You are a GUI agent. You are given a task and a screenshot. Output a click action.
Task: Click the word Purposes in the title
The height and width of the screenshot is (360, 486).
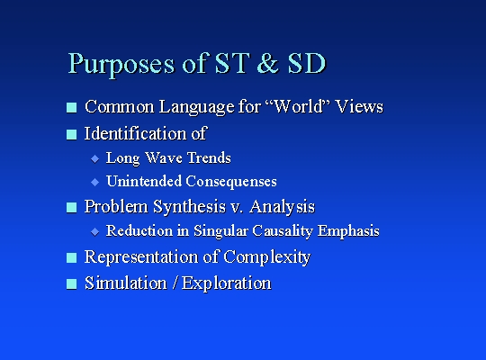121,65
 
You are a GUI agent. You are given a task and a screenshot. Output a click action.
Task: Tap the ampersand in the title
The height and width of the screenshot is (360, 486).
268,63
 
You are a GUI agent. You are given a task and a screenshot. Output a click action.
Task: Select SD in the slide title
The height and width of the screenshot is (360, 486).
307,63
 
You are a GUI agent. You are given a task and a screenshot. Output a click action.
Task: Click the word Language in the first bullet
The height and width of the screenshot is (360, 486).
196,107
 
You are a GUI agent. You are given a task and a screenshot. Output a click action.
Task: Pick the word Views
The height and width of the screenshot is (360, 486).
359,106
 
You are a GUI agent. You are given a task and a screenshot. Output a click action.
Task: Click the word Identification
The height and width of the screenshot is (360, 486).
135,133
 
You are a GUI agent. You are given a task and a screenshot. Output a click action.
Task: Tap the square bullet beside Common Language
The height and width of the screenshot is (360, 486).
72,108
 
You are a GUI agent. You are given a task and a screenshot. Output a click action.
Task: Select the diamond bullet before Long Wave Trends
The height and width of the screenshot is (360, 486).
95,159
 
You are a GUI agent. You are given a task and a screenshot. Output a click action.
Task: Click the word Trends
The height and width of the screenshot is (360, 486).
209,157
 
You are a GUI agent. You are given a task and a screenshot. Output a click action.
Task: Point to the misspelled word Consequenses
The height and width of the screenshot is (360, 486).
231,182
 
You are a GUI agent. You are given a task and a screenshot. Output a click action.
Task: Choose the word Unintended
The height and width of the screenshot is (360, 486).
144,181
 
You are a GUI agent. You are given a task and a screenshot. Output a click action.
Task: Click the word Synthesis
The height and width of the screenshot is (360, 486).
189,207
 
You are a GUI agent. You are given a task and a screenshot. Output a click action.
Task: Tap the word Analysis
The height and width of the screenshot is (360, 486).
282,207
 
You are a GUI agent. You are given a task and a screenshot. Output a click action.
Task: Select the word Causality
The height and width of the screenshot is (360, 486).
283,231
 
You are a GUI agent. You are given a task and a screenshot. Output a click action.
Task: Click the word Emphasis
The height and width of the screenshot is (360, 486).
348,231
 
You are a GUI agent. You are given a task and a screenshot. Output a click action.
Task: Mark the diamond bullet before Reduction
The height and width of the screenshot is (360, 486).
95,231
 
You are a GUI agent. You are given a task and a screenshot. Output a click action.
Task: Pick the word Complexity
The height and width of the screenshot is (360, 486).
267,257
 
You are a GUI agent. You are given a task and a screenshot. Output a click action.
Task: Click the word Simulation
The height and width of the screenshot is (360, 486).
125,283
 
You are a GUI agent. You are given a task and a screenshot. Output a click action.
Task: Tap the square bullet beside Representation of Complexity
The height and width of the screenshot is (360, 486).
72,257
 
